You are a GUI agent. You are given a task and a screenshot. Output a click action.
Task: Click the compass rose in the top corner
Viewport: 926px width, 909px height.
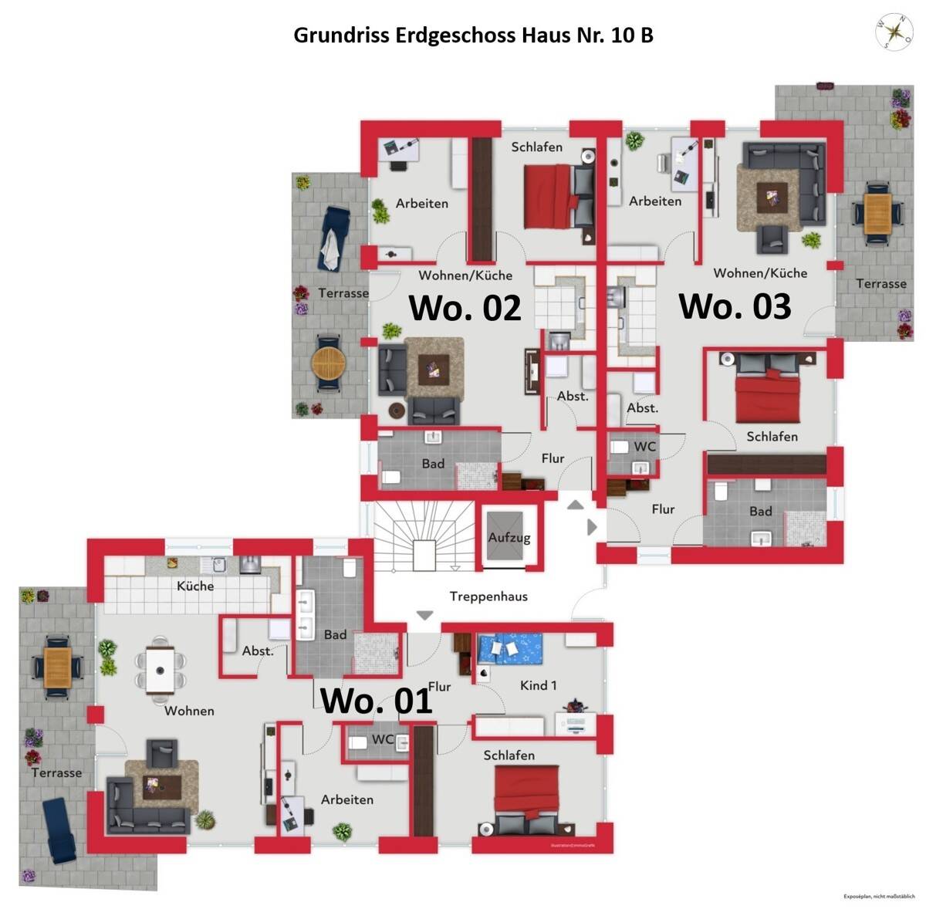click(x=894, y=31)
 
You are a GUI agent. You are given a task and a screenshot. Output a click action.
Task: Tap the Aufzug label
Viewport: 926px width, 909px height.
click(x=509, y=537)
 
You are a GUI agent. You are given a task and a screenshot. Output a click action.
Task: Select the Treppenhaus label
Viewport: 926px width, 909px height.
click(x=488, y=596)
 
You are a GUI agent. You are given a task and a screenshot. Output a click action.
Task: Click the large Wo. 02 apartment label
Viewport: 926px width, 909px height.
click(x=465, y=307)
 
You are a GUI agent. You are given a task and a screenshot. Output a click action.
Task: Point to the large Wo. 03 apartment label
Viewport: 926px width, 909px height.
click(x=735, y=306)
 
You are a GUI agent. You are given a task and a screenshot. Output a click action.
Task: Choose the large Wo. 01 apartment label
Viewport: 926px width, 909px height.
click(x=376, y=701)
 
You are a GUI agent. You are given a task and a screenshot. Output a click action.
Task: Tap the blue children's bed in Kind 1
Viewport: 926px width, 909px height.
click(x=509, y=648)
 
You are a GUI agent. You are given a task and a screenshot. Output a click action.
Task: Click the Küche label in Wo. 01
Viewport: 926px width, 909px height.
click(x=195, y=586)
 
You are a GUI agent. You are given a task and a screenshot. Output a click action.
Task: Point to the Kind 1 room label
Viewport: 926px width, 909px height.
click(x=538, y=685)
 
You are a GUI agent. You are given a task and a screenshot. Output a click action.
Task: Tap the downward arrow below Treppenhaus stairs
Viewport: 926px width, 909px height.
click(x=424, y=616)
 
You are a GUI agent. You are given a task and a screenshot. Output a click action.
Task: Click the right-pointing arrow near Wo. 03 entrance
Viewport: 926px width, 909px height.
click(x=592, y=527)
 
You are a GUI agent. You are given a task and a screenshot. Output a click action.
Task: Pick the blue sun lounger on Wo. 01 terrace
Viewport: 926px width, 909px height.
click(x=60, y=830)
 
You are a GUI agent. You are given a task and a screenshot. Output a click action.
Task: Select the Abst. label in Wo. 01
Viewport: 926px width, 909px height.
click(x=258, y=651)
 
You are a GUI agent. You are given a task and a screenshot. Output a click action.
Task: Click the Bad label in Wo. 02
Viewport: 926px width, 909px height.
click(x=433, y=464)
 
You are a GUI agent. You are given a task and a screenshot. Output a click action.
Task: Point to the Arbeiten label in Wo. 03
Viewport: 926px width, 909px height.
click(x=655, y=201)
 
